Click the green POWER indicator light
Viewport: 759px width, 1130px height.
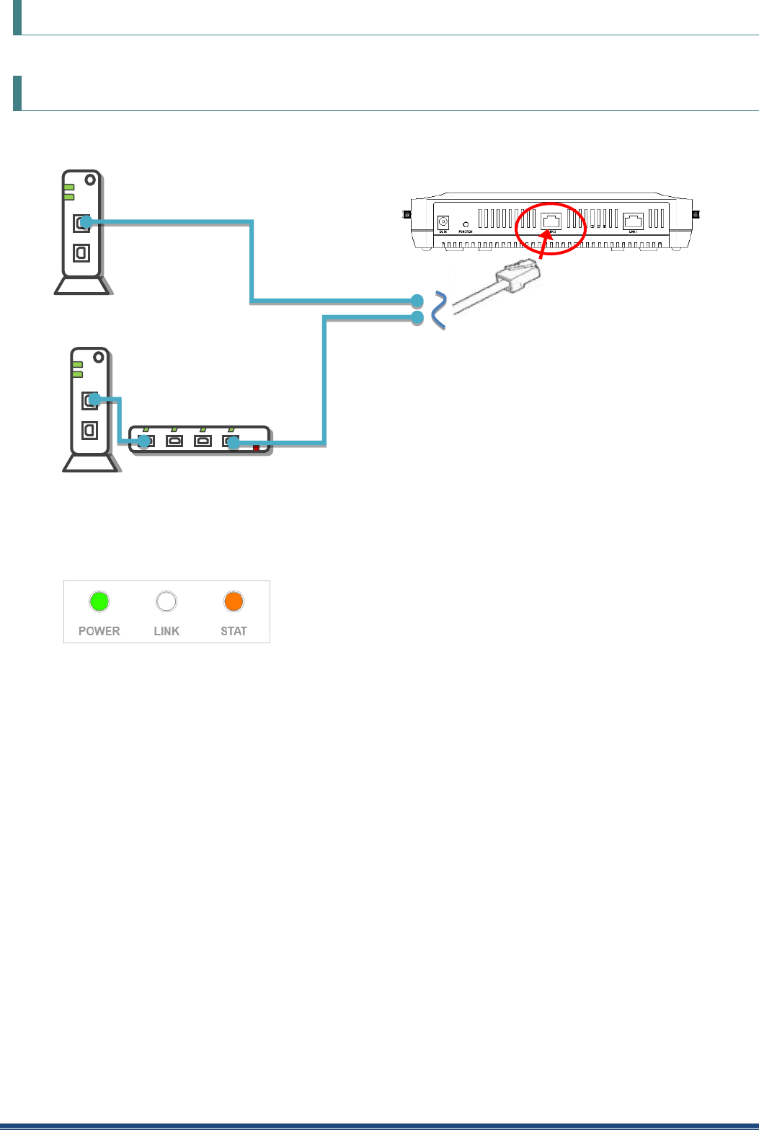pyautogui.click(x=99, y=601)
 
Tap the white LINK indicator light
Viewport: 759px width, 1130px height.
pyautogui.click(x=167, y=601)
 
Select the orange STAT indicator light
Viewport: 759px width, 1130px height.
pyautogui.click(x=234, y=601)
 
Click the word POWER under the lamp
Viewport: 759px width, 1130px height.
pyautogui.click(x=99, y=631)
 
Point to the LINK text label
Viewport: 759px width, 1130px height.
pyautogui.click(x=167, y=631)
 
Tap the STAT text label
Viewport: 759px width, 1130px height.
pyautogui.click(x=234, y=631)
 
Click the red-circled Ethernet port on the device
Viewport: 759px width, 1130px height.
pyautogui.click(x=551, y=221)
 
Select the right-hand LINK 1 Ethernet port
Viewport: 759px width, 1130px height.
pyautogui.click(x=633, y=221)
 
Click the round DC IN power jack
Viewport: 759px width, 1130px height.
pyautogui.click(x=443, y=224)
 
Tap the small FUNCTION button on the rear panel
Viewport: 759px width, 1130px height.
pyautogui.click(x=466, y=225)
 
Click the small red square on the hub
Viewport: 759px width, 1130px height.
pyautogui.click(x=256, y=448)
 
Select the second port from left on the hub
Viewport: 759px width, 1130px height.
pyautogui.click(x=174, y=441)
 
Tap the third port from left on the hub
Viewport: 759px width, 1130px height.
pyautogui.click(x=203, y=441)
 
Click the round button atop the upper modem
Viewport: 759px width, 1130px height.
pyautogui.click(x=89, y=180)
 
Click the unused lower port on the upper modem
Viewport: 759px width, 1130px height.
pyautogui.click(x=81, y=252)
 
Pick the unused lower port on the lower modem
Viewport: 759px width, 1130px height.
pyautogui.click(x=89, y=430)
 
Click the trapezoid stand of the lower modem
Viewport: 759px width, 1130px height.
pyautogui.click(x=91, y=462)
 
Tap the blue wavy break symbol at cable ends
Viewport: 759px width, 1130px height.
pyautogui.click(x=438, y=311)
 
